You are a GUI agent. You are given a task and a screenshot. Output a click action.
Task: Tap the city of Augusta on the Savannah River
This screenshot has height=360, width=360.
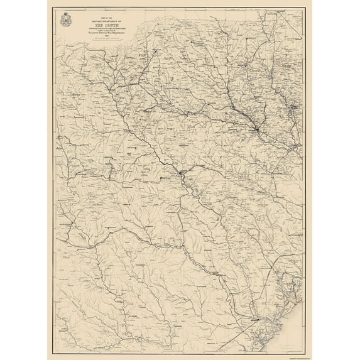[x=180, y=173]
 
